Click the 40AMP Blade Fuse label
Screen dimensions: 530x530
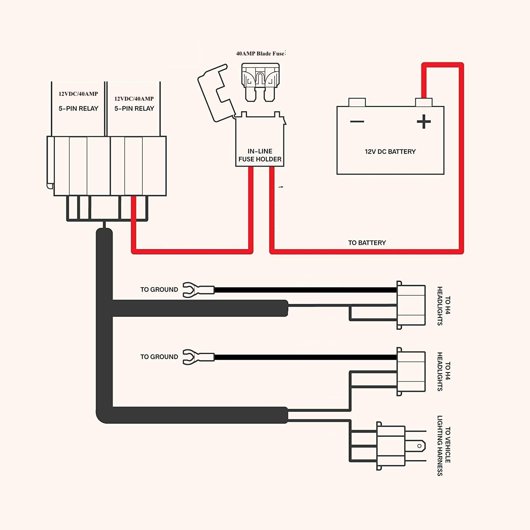tap(260, 54)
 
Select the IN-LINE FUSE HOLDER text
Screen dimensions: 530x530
tap(260, 155)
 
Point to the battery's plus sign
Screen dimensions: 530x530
tap(424, 122)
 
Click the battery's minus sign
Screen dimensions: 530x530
tap(357, 122)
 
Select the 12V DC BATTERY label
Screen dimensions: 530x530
tap(390, 152)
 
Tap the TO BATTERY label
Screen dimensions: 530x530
tap(367, 243)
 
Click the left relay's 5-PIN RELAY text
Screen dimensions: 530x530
tap(78, 108)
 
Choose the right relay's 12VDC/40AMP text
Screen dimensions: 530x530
tap(134, 99)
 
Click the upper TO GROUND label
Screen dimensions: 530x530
tap(159, 290)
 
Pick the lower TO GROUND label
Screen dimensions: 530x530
tap(159, 357)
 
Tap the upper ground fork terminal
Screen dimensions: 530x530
tap(198, 290)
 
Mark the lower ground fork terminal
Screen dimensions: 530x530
tap(198, 357)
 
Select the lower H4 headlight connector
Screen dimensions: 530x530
tap(411, 372)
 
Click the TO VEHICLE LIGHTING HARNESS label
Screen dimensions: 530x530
tap(444, 445)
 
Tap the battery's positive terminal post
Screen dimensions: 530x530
tap(424, 102)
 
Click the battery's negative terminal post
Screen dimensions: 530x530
tap(357, 102)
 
